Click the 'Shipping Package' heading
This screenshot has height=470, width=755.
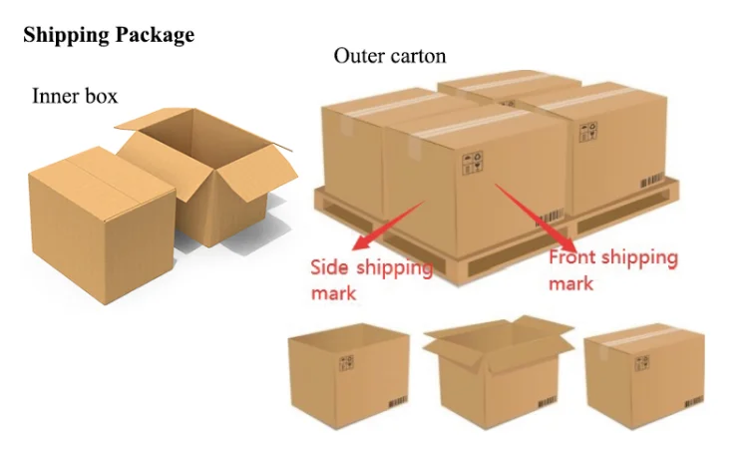click(108, 36)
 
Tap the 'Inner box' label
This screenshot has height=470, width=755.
click(75, 96)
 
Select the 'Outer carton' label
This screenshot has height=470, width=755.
click(389, 56)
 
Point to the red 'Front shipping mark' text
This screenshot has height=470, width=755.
click(612, 270)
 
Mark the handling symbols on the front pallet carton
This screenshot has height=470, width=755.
click(471, 162)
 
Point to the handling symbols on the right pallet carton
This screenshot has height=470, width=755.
click(590, 130)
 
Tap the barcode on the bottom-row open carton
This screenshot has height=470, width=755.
click(549, 404)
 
